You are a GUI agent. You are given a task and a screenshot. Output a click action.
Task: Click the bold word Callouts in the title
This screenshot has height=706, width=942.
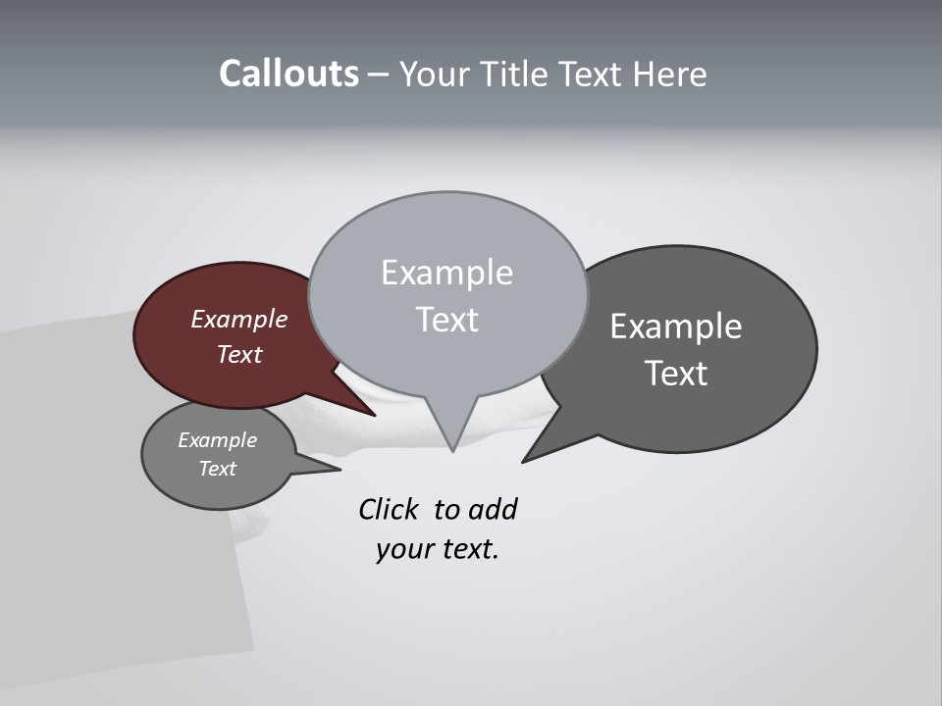[x=288, y=75]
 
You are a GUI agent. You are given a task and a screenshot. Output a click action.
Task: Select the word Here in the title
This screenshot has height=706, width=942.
[x=670, y=75]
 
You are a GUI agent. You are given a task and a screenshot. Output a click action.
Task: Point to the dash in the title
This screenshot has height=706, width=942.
[x=379, y=76]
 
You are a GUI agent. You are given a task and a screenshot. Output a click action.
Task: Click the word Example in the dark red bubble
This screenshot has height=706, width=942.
[x=239, y=320]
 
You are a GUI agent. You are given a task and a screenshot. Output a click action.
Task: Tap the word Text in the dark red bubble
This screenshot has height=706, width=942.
[x=239, y=355]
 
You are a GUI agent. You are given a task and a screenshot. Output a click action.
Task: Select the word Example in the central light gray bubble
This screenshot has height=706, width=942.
[x=446, y=273]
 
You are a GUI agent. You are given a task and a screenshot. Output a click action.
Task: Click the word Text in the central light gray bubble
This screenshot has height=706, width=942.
[x=446, y=320]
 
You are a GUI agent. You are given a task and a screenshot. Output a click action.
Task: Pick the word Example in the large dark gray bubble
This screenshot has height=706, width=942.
[x=676, y=327]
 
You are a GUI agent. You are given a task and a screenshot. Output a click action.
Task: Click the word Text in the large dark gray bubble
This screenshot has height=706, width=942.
[x=676, y=374]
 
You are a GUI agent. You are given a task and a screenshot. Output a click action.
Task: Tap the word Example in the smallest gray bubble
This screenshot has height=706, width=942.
[x=218, y=440]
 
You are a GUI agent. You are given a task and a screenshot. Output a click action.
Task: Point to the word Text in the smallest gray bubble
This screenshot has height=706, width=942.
[x=218, y=469]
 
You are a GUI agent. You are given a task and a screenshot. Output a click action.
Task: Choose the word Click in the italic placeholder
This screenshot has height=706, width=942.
[x=388, y=510]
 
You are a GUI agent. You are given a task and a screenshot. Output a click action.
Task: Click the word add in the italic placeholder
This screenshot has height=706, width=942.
[x=493, y=510]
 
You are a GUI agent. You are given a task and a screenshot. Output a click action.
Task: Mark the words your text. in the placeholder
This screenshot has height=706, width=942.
[x=438, y=549]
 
